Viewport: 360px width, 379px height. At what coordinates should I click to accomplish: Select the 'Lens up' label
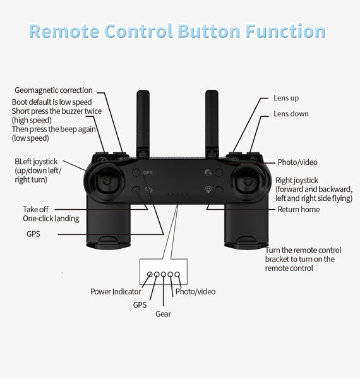click(286, 98)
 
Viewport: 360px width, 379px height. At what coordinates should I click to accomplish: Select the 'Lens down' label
click(291, 114)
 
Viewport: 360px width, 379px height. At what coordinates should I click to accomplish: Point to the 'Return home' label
click(298, 209)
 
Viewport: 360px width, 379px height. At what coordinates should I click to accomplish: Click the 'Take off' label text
click(35, 209)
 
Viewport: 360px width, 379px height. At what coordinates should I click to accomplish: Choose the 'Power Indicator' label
click(116, 291)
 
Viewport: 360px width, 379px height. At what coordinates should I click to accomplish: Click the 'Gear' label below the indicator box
click(163, 313)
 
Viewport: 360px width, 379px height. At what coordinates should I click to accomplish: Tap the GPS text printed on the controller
click(148, 172)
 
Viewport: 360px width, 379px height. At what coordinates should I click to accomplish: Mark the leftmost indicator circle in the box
click(150, 275)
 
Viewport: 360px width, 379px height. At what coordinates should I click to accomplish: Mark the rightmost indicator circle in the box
click(178, 275)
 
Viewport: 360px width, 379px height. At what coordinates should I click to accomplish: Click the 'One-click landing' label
click(51, 219)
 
